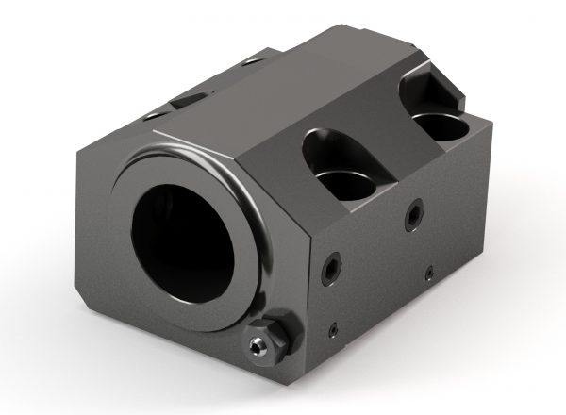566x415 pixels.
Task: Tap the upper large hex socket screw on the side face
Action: pos(412,215)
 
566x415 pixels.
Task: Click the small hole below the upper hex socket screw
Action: pos(427,273)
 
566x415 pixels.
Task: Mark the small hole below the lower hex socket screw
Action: pos(332,327)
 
